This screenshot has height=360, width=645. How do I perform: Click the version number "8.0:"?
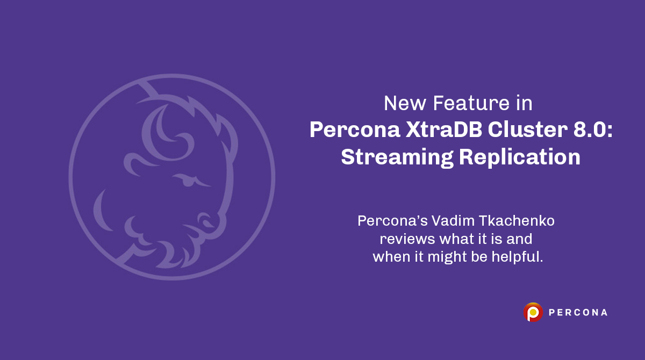[591, 130]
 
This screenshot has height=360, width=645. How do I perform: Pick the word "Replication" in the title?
[520, 157]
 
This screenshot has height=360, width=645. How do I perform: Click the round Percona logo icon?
[533, 312]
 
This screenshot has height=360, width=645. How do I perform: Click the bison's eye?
[188, 181]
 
